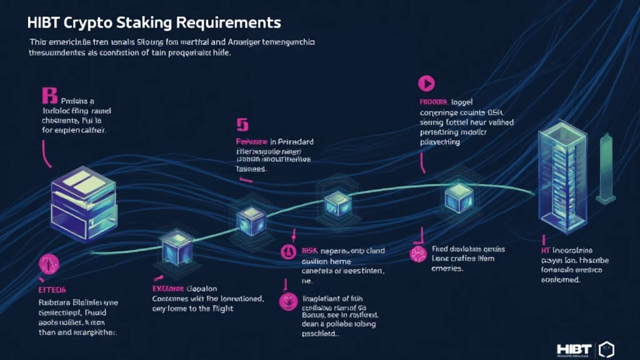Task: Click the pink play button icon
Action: (426, 82)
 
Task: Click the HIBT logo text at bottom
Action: (572, 347)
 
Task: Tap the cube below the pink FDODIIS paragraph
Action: (454, 199)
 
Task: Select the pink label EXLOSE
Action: (167, 289)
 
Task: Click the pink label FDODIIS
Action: (434, 101)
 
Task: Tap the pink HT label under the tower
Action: (546, 249)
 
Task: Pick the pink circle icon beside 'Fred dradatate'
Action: (417, 253)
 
